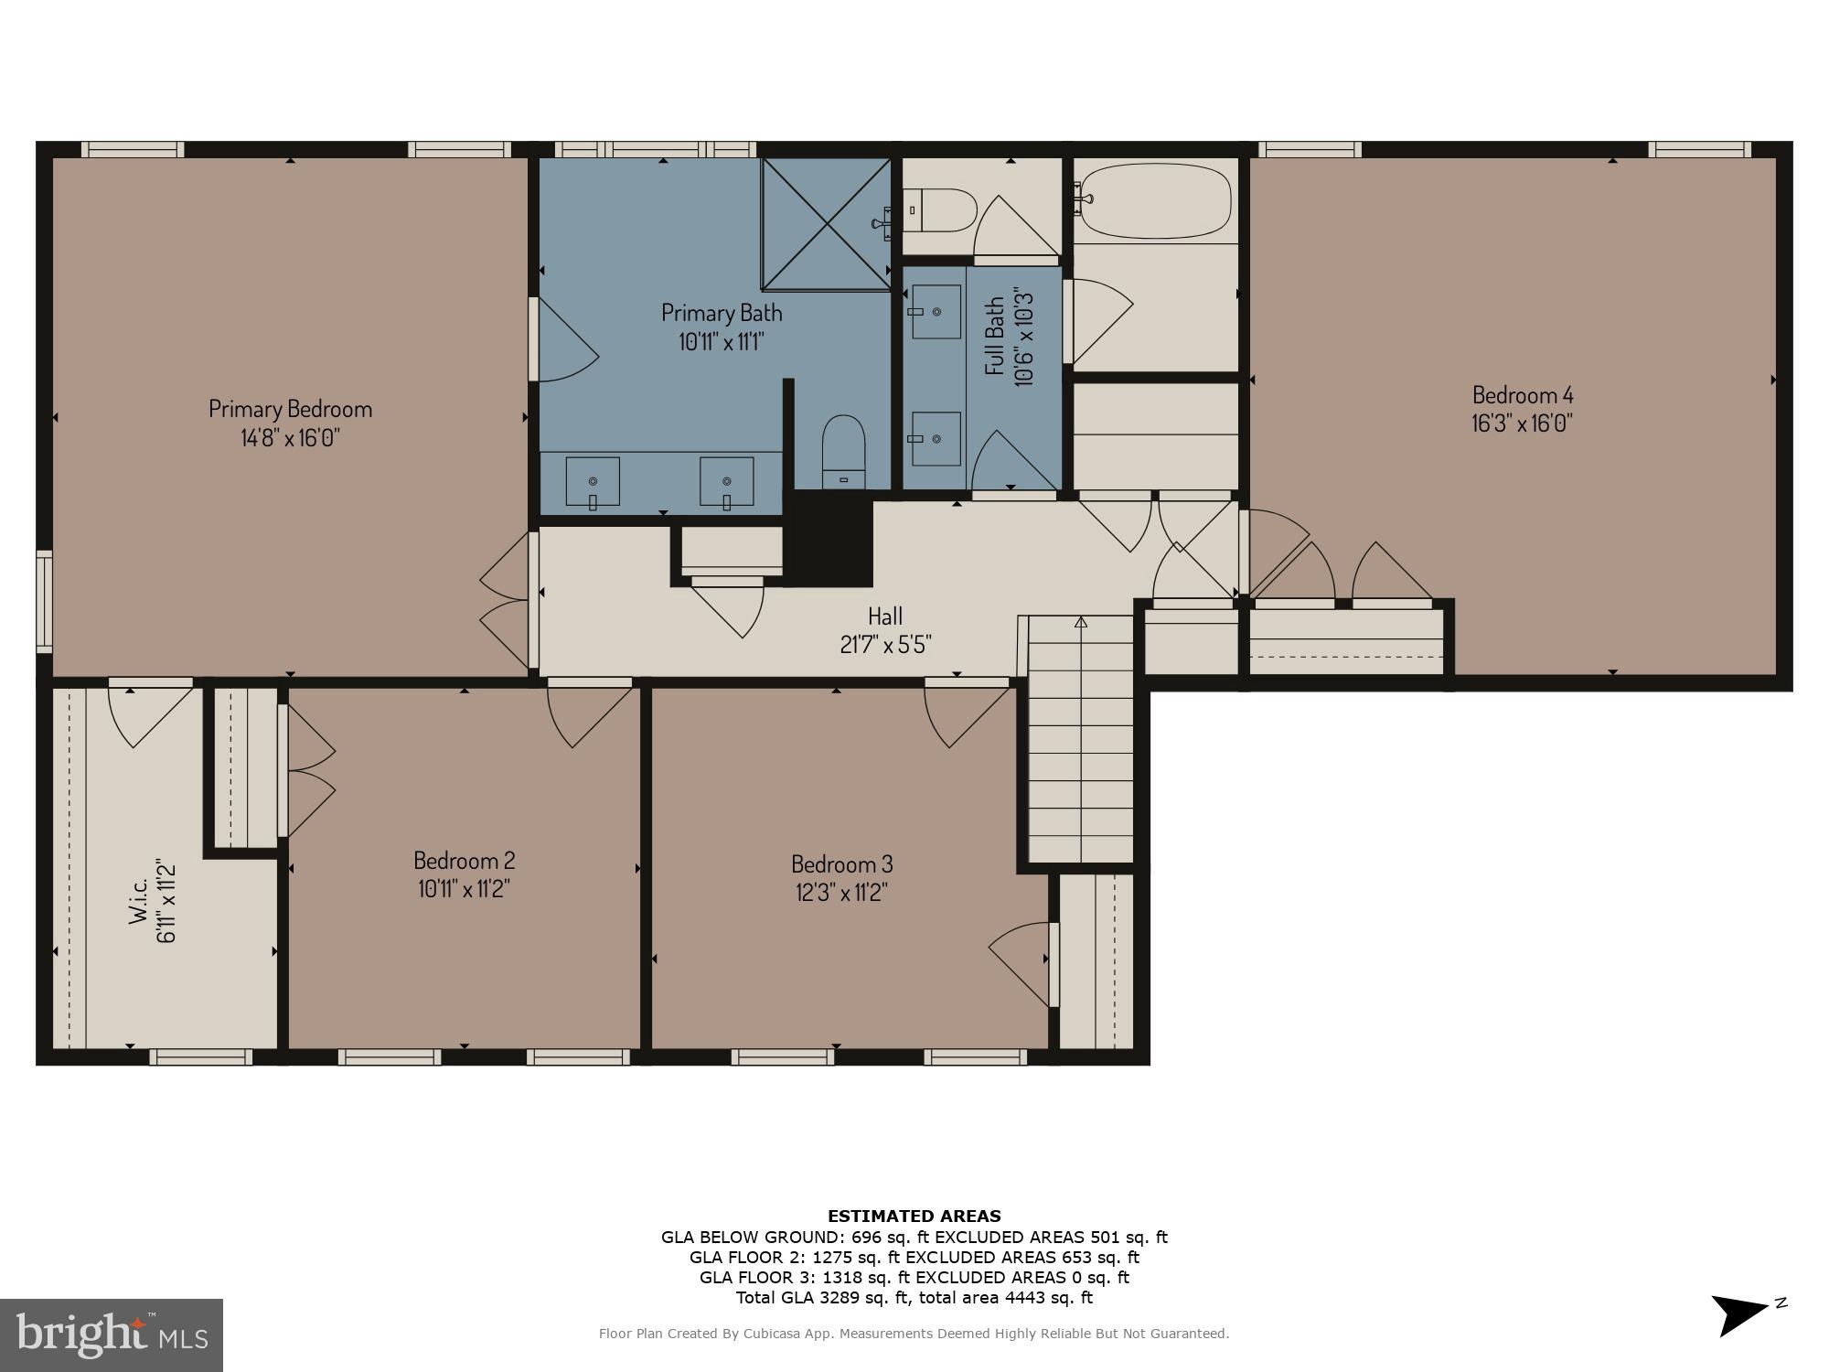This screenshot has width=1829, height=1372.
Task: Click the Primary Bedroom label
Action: [290, 408]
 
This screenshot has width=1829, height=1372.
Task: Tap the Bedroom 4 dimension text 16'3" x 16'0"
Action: [1522, 423]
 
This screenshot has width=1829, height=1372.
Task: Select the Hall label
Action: [884, 616]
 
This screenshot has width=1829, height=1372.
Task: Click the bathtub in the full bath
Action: [1155, 201]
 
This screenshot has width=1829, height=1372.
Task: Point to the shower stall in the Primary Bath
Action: [826, 224]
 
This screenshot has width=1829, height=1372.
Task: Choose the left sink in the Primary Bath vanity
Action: [593, 482]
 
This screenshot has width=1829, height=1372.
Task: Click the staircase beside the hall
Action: [1081, 741]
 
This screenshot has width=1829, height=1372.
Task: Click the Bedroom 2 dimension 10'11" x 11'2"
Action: [464, 889]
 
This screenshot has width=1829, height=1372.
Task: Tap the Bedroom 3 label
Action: [841, 863]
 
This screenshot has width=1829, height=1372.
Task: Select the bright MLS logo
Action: [112, 1335]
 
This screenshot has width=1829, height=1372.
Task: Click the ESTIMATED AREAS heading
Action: [914, 1217]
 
